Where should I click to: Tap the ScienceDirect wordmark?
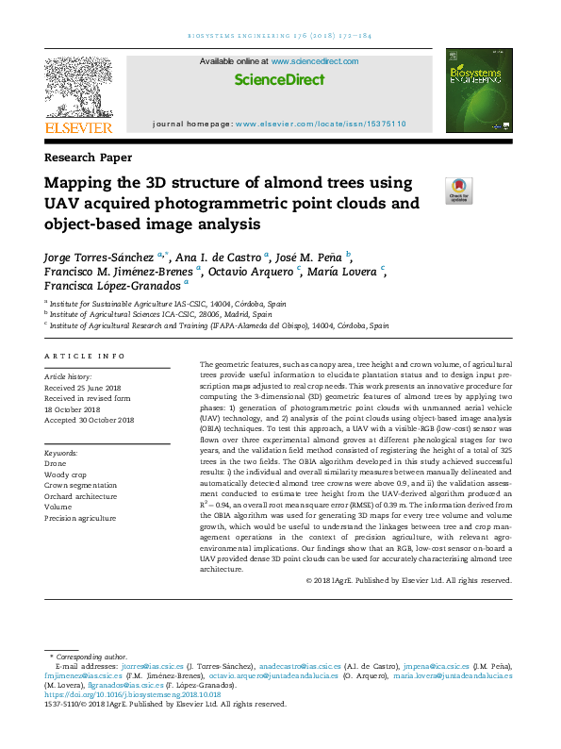tap(278, 80)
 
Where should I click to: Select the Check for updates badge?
tap(459, 190)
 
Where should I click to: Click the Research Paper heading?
tap(89, 158)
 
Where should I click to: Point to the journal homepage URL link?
tap(321, 124)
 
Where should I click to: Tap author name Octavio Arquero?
tap(250, 272)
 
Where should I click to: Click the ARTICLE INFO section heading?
tap(86, 357)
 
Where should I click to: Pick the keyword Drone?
tap(57, 464)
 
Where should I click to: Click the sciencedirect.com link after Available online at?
tap(323, 61)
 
